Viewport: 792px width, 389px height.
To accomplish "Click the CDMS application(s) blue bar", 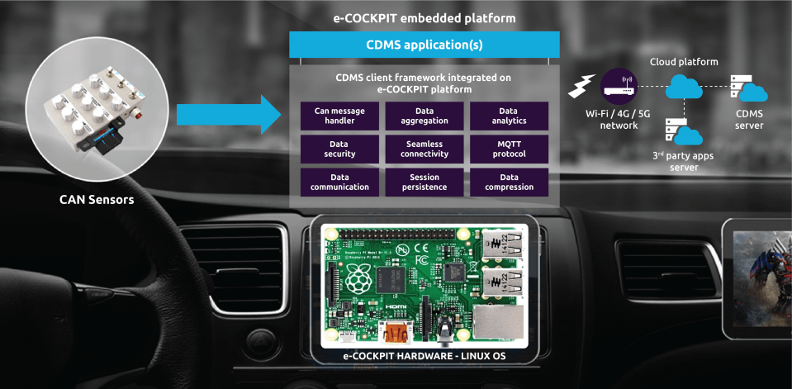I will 424,45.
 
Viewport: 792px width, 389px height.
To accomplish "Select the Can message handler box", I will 339,116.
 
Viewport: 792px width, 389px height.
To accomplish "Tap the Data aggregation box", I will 424,116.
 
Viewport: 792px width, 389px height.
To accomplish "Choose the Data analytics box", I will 509,116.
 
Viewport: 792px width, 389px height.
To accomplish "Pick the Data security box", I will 339,149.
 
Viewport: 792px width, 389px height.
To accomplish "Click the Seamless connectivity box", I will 424,149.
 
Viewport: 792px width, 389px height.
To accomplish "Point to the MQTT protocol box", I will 509,149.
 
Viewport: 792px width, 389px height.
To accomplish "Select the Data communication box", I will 339,182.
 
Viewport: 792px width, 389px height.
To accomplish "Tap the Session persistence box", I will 424,182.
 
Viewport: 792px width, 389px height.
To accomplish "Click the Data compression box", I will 509,182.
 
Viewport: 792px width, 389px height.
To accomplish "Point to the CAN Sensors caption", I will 97,199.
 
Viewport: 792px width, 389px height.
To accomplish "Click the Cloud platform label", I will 684,62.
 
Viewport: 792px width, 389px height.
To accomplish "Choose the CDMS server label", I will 749,120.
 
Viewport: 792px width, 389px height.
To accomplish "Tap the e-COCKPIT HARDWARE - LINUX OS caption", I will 424,357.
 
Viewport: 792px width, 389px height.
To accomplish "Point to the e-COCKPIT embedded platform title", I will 424,17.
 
